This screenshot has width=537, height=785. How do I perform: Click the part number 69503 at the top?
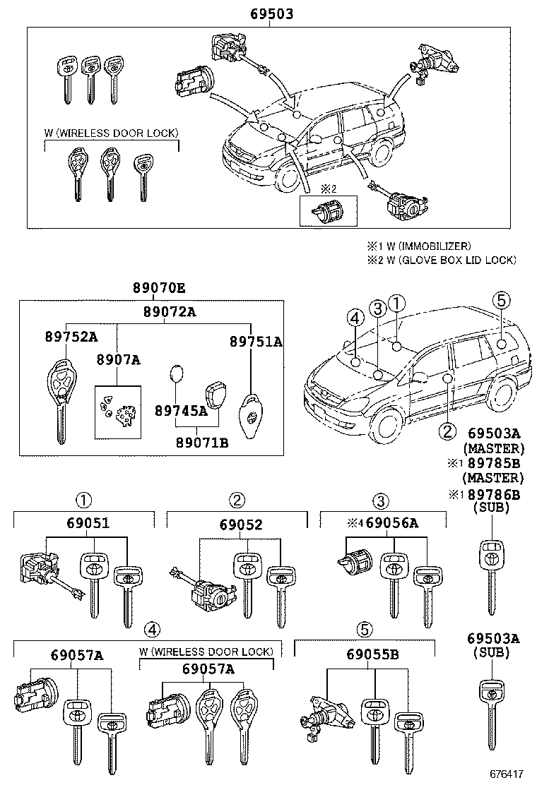[x=271, y=13]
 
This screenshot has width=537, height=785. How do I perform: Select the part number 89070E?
[x=159, y=288]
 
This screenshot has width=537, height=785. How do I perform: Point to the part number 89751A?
[x=255, y=342]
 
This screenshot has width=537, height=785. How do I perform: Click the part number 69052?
[x=240, y=525]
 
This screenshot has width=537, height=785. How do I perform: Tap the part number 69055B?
[x=372, y=655]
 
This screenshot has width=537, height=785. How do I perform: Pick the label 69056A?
[x=392, y=523]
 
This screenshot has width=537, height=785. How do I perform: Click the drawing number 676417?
[x=507, y=773]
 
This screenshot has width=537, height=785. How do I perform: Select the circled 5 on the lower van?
[x=500, y=300]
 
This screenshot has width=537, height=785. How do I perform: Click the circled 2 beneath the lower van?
[x=447, y=430]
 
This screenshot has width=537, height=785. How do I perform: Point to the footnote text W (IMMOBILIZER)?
[x=427, y=246]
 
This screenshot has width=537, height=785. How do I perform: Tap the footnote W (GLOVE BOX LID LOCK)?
[x=449, y=260]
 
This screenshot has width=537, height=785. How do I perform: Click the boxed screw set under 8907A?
[x=117, y=413]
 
